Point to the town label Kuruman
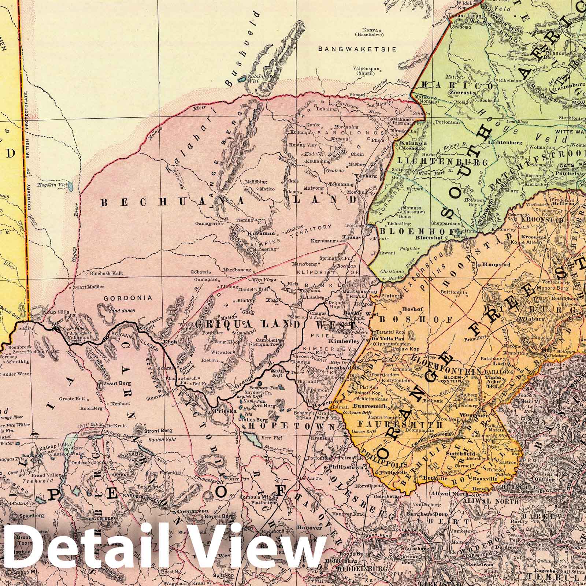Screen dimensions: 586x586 tap(258, 233)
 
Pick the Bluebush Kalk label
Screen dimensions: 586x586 tap(105, 273)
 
